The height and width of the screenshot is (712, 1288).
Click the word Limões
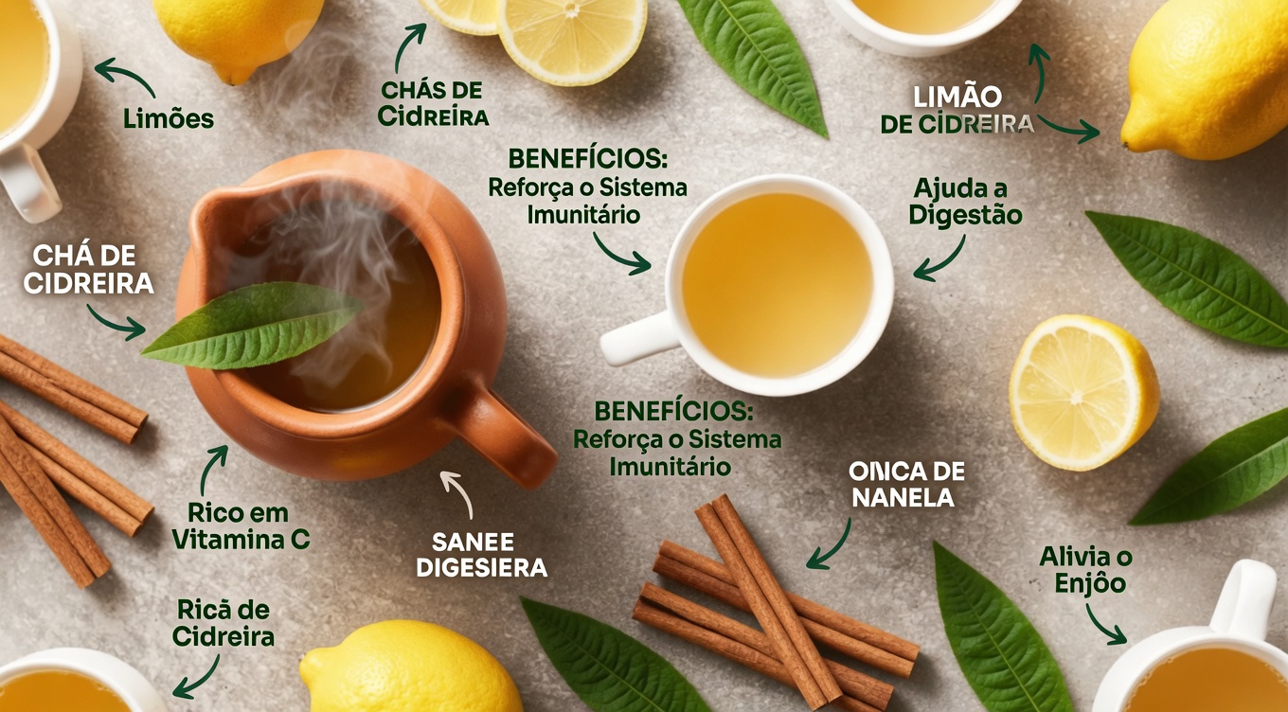[x=169, y=119]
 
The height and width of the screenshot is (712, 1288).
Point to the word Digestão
[x=965, y=216]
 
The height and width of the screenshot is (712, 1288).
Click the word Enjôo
[x=1090, y=582]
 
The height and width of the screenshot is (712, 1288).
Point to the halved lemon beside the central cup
[x=1082, y=392]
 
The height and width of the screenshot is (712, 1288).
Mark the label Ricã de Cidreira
[x=224, y=623]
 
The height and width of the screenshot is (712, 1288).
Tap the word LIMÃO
[x=957, y=97]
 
